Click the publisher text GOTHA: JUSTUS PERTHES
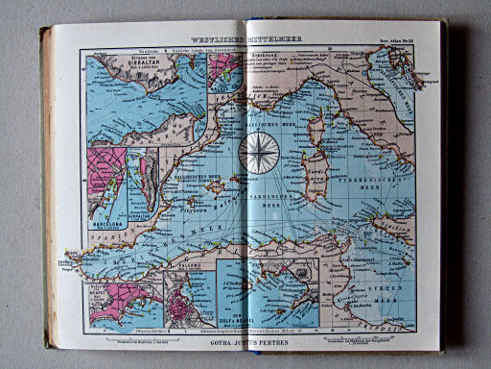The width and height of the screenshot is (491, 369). [x=246, y=339]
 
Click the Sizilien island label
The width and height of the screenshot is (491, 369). [x=377, y=237]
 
